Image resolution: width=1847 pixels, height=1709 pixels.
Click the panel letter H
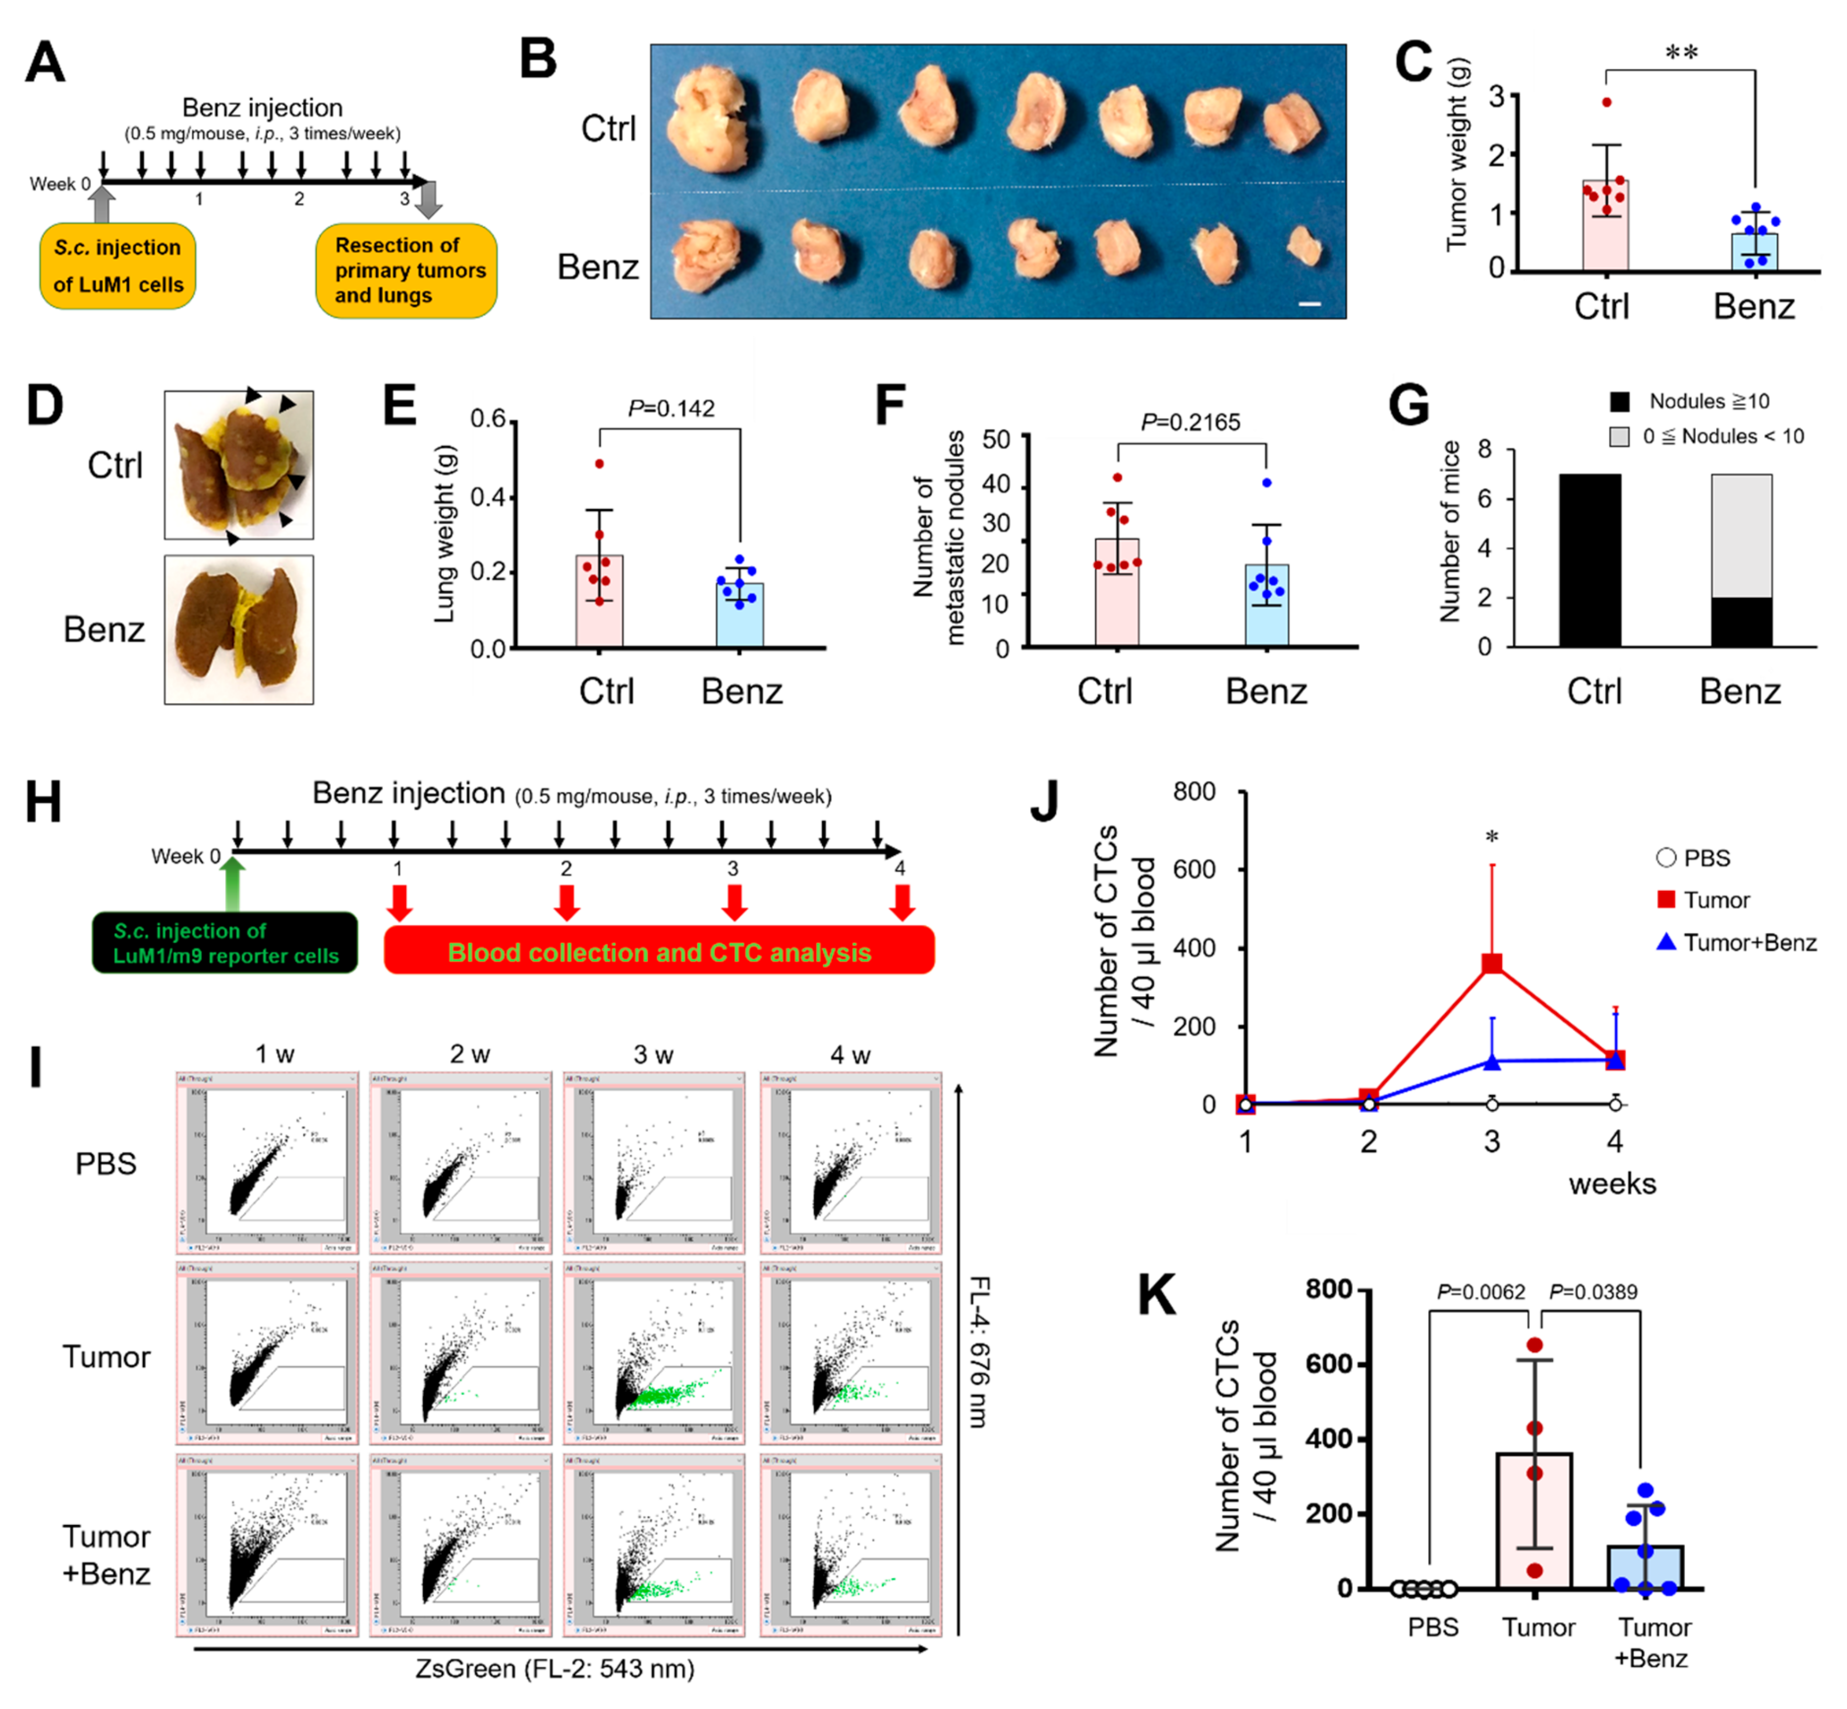coord(43,801)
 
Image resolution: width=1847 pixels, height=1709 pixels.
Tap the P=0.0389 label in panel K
coord(1593,1292)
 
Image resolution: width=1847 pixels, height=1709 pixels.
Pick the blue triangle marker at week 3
coord(1492,1062)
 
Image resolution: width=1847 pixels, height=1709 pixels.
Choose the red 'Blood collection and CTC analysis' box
coord(659,952)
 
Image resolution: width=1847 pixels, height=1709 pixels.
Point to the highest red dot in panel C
coord(1607,103)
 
